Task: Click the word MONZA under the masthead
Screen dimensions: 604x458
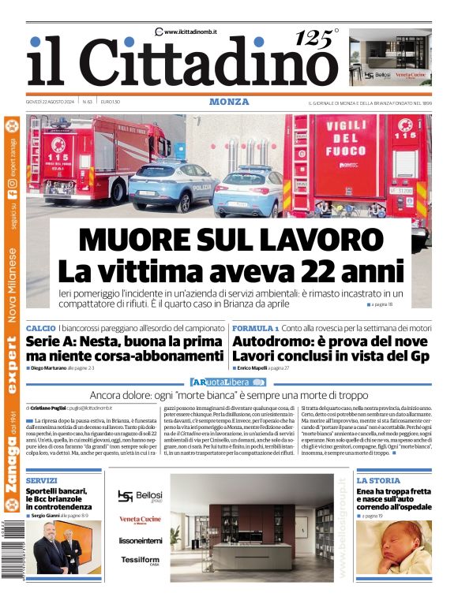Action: pyautogui.click(x=229, y=102)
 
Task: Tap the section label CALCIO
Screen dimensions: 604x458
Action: pyautogui.click(x=40, y=327)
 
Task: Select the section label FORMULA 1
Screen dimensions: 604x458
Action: pyautogui.click(x=255, y=327)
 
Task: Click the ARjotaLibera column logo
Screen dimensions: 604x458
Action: pyautogui.click(x=229, y=382)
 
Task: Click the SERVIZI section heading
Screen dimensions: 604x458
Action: pyautogui.click(x=42, y=480)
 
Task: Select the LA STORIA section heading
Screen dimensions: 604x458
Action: pyautogui.click(x=377, y=480)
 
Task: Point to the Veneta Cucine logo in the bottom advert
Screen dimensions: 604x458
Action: pyautogui.click(x=141, y=520)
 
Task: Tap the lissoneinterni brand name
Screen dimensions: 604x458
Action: pyautogui.click(x=141, y=541)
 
